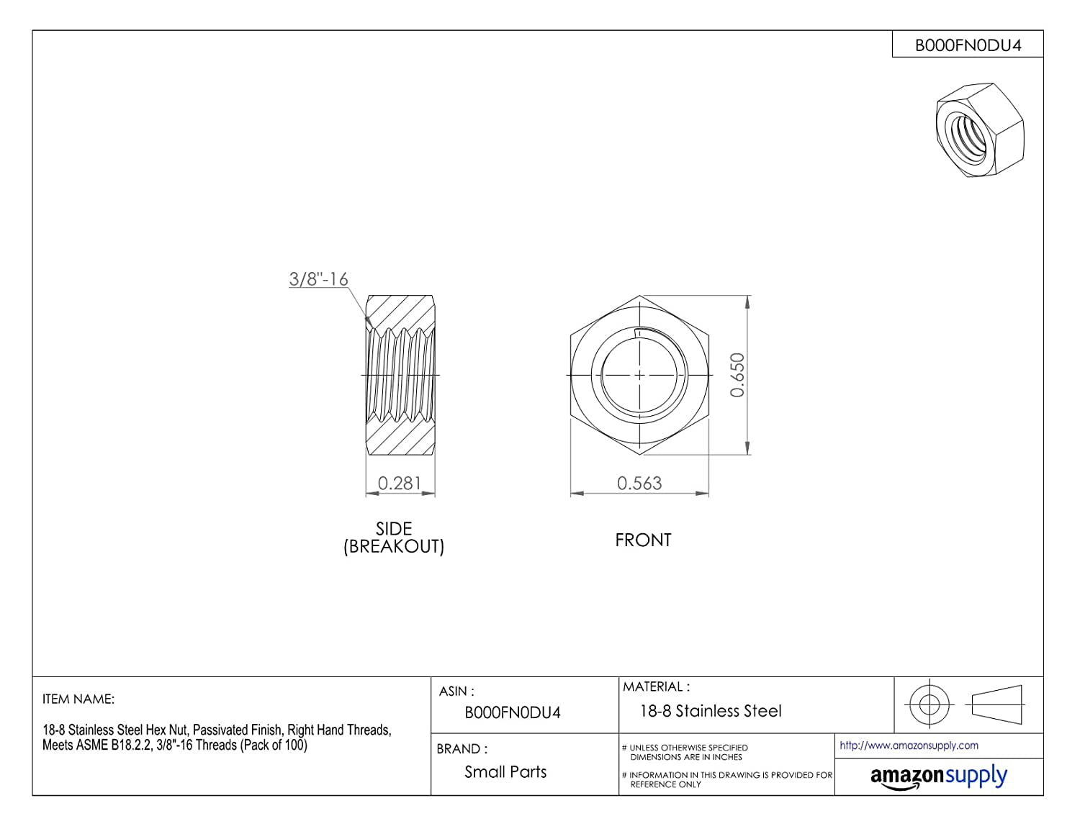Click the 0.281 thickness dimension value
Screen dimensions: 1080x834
pyautogui.click(x=399, y=483)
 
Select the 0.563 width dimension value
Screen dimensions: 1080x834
pyautogui.click(x=639, y=483)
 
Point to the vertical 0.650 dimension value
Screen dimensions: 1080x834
pyautogui.click(x=737, y=375)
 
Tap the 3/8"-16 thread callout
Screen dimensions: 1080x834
pyautogui.click(x=318, y=278)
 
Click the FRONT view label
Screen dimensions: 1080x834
pyautogui.click(x=643, y=540)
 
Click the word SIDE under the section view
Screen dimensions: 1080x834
pyautogui.click(x=394, y=528)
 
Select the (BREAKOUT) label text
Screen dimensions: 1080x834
pyautogui.click(x=394, y=546)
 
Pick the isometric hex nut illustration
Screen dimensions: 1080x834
pyautogui.click(x=980, y=130)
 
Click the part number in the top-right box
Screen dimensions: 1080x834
pyautogui.click(x=968, y=45)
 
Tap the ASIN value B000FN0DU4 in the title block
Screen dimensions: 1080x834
pyautogui.click(x=513, y=713)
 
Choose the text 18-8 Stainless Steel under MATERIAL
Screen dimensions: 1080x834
pyautogui.click(x=711, y=711)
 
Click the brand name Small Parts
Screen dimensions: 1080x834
pyautogui.click(x=505, y=771)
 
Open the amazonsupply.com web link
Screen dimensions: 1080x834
pyautogui.click(x=909, y=745)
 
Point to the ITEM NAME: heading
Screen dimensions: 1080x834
pyautogui.click(x=78, y=699)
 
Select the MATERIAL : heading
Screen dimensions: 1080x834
pyautogui.click(x=656, y=686)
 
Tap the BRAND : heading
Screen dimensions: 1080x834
pyautogui.click(x=462, y=748)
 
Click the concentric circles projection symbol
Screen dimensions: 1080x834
pyautogui.click(x=930, y=704)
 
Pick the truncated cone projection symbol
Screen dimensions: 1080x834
pyautogui.click(x=996, y=704)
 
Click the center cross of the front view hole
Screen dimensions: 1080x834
pyautogui.click(x=639, y=375)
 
